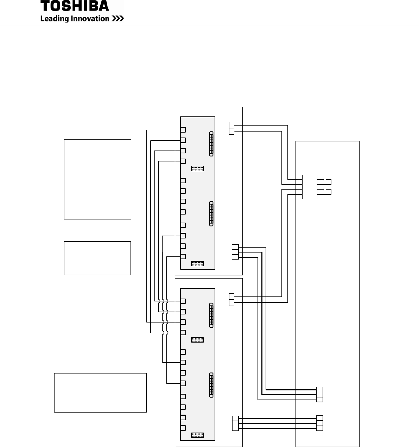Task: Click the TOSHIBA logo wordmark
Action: click(75, 6)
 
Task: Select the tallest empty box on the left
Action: click(97, 179)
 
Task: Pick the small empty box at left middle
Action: click(97, 258)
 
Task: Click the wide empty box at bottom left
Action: click(100, 392)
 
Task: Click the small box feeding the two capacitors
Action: click(310, 187)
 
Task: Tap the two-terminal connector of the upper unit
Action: click(231, 128)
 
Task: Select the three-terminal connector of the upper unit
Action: click(235, 252)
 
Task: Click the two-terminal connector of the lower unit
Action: click(231, 299)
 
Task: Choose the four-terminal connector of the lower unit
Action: click(235, 423)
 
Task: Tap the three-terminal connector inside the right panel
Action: click(319, 394)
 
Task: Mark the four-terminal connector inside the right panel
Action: click(319, 423)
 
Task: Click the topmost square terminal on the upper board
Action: click(183, 130)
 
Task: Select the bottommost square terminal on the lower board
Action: click(183, 428)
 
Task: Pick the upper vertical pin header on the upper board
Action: click(211, 143)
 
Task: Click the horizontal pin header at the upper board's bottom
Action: click(197, 263)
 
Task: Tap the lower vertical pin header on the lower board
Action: click(211, 385)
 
